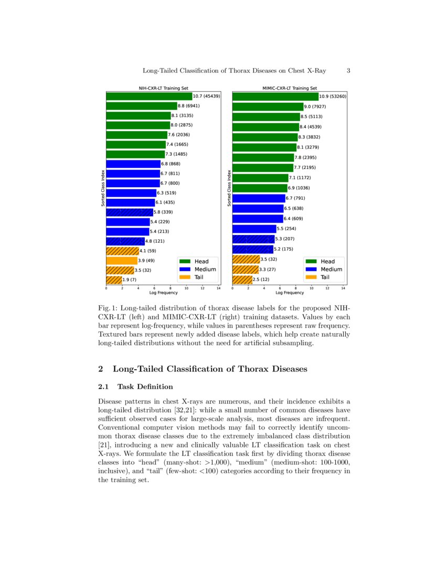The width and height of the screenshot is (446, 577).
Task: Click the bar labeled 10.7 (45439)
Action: [149, 96]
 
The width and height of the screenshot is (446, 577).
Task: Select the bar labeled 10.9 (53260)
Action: [275, 97]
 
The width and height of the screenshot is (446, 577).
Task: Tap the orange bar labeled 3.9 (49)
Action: [121, 261]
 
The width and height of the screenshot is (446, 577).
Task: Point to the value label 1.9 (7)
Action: [129, 280]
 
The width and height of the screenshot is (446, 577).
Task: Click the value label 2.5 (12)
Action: [261, 280]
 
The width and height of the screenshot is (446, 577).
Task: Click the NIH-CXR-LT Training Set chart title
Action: [163, 89]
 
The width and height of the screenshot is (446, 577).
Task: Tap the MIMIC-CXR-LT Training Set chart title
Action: [290, 89]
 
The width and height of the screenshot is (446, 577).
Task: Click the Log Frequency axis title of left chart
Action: [163, 293]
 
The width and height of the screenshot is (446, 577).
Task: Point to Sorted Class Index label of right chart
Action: [229, 187]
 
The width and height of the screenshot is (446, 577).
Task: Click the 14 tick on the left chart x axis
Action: [218, 288]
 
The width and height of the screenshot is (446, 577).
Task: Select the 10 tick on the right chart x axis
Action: [312, 288]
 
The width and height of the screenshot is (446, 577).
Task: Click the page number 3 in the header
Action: [348, 71]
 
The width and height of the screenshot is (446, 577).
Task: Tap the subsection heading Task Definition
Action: [145, 387]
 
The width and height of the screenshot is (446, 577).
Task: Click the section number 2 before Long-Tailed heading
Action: [101, 369]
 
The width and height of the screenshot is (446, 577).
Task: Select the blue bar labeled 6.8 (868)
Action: [133, 164]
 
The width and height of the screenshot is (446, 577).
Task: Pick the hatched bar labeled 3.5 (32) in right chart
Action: [246, 259]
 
